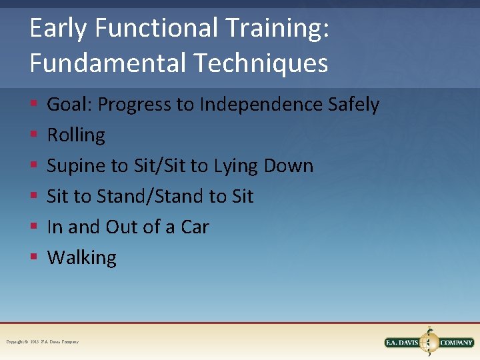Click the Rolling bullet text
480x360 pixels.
76,135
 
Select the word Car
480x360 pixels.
195,227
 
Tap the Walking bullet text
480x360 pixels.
82,258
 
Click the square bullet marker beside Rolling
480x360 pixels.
33,136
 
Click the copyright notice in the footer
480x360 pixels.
43,342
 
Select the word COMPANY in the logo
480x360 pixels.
457,343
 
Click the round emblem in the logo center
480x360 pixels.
430,341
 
